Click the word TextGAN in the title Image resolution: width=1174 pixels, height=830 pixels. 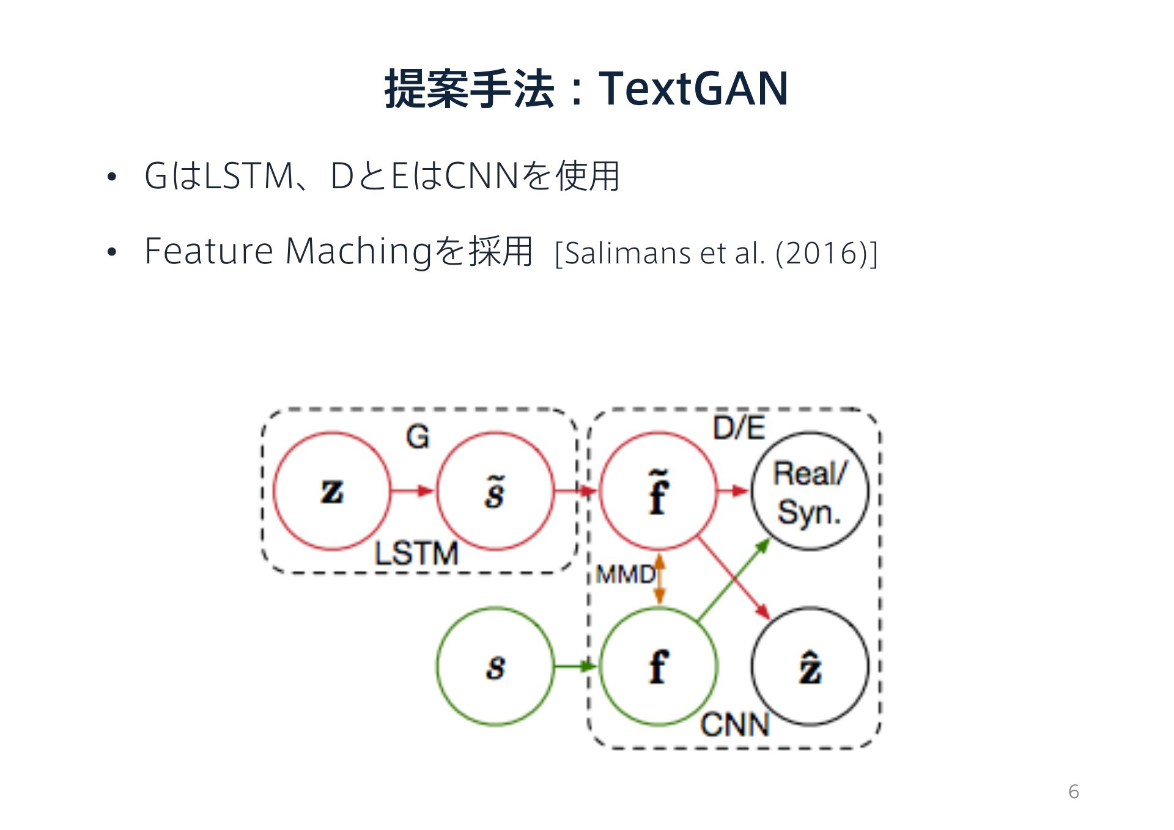[x=693, y=89]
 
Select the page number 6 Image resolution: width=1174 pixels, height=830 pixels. [x=1074, y=791]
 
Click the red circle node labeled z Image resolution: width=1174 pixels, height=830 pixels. [x=274, y=491]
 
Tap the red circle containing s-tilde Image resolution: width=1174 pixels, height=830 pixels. [x=438, y=491]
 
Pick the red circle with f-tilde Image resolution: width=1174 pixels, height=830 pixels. [x=600, y=491]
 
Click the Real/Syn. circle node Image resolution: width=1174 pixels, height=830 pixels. [x=753, y=491]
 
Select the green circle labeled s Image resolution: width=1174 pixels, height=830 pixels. [x=438, y=666]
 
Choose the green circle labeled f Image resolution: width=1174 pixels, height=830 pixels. [x=600, y=666]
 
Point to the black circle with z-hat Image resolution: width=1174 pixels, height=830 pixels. [x=753, y=666]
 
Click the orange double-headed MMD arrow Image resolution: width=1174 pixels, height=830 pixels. [x=659, y=579]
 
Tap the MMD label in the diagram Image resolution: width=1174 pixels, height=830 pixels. [x=625, y=575]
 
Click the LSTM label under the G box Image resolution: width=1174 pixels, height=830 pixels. [x=416, y=553]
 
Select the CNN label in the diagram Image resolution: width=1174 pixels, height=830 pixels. [x=734, y=725]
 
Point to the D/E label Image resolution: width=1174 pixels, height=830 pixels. [x=739, y=427]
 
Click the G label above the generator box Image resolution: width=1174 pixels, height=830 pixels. [x=418, y=437]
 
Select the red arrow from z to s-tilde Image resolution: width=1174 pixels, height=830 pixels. [x=413, y=490]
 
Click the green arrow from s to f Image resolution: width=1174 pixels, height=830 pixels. [x=575, y=666]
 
